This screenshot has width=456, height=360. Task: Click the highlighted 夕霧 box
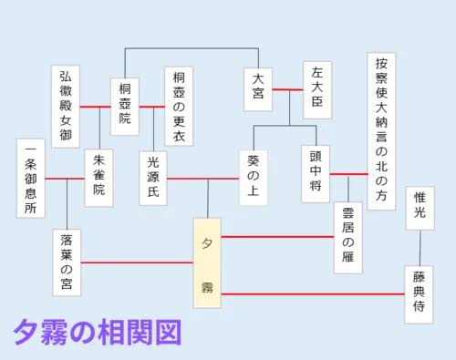tap(207, 263)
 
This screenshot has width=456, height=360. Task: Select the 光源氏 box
tap(153, 179)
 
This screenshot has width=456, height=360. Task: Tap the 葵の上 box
tap(254, 178)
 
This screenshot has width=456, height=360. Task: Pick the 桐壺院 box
tap(125, 107)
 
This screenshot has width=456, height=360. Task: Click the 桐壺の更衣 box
tap(179, 107)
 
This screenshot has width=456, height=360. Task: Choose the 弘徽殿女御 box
tap(66, 107)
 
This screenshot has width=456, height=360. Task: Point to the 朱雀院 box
tap(98, 178)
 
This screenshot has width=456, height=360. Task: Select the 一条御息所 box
tap(31, 179)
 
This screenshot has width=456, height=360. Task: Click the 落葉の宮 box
tap(67, 262)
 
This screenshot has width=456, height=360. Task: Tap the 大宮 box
tap(258, 89)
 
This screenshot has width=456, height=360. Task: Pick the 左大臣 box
tap(317, 90)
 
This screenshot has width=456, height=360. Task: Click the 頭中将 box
tap(316, 174)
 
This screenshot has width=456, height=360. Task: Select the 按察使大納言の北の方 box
tap(381, 131)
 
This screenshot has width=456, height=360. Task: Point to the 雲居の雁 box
tap(348, 238)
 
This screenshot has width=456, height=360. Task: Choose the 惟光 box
tap(420, 208)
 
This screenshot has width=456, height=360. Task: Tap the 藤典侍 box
tap(419, 294)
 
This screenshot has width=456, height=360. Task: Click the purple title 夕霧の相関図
tap(98, 332)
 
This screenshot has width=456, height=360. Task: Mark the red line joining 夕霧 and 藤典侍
tap(313, 294)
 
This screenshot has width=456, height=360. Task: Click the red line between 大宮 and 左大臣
tap(287, 89)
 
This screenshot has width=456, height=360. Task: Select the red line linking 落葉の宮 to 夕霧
tap(137, 262)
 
